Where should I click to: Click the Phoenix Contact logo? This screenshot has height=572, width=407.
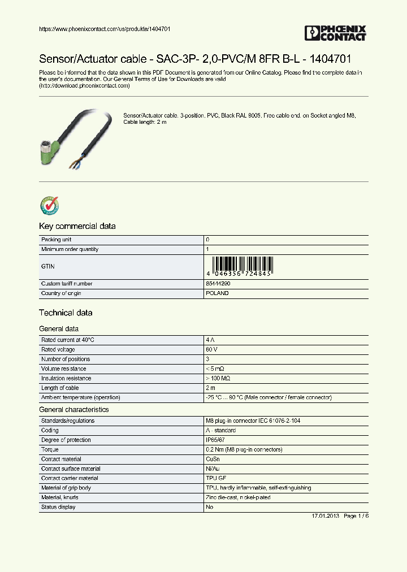335,33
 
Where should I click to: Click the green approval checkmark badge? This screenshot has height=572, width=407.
49,206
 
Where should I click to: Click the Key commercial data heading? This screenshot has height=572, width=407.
77,226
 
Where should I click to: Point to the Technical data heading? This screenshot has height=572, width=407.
66,313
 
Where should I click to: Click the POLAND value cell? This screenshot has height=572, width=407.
218,293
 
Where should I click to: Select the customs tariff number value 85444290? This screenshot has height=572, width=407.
218,284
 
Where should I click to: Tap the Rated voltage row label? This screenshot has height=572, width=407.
58,349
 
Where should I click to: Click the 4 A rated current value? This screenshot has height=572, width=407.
210,340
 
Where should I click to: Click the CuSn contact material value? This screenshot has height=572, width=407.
213,459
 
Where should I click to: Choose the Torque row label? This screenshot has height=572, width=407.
50,449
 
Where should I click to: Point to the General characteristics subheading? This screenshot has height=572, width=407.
73,409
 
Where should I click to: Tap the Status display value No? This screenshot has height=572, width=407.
210,507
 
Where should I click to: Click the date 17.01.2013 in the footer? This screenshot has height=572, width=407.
325,517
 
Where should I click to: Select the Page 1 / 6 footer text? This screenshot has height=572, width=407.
356,517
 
